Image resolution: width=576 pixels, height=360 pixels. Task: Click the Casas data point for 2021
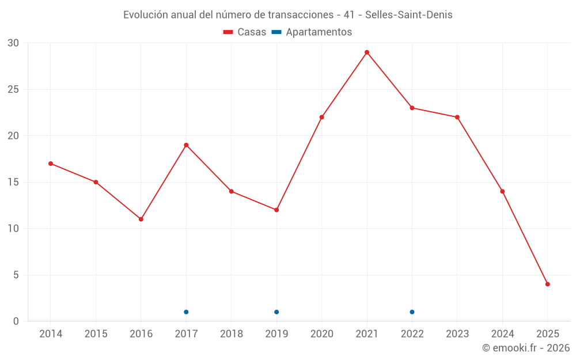[367, 52]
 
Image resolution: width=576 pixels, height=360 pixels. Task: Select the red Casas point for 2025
[548, 284]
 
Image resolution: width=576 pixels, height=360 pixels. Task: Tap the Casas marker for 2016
[141, 219]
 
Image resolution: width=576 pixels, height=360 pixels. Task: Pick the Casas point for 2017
[186, 145]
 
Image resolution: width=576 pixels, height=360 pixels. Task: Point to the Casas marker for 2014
[51, 164]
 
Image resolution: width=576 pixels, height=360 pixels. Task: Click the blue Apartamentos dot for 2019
[276, 312]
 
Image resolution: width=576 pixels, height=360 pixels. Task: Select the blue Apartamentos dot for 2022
[412, 312]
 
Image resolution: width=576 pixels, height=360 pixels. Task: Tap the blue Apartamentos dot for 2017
[186, 312]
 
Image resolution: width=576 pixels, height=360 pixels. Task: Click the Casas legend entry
[245, 32]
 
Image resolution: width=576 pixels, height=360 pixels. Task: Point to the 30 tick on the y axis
[13, 43]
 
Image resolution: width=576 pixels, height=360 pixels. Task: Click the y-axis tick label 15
[13, 182]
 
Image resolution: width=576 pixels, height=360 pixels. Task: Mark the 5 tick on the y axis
[16, 275]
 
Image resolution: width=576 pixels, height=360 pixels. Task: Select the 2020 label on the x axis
[321, 334]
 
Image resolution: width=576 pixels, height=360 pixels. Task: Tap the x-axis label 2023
[457, 334]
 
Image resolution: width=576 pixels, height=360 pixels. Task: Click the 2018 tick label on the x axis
[232, 334]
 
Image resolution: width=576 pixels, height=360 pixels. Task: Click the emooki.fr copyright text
[526, 348]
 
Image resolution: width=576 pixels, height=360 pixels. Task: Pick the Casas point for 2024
[502, 191]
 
